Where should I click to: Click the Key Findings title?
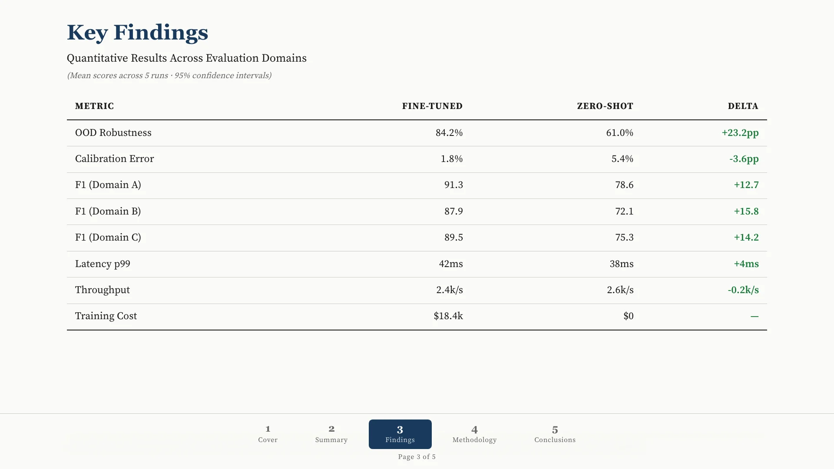click(x=137, y=33)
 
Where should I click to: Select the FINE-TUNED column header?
click(x=432, y=106)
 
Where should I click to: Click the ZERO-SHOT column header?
click(x=605, y=106)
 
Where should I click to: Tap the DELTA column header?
click(x=743, y=106)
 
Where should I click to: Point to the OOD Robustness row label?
click(x=113, y=133)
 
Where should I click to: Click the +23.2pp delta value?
click(x=740, y=133)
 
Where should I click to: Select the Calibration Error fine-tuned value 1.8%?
click(x=452, y=159)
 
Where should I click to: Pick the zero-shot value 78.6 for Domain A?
click(x=624, y=185)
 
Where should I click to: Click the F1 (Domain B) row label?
click(x=108, y=211)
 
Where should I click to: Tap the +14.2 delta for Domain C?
click(x=746, y=238)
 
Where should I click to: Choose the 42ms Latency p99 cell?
click(x=451, y=264)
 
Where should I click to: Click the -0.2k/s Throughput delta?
click(x=743, y=290)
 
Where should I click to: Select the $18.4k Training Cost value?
click(x=448, y=316)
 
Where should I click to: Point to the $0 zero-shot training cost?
click(x=629, y=316)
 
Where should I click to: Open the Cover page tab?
click(x=268, y=434)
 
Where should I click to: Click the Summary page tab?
click(x=331, y=434)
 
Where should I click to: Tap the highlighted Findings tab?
click(x=400, y=434)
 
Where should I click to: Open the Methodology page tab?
click(x=474, y=434)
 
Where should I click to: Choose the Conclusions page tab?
click(x=555, y=434)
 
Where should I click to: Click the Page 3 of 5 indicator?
click(x=417, y=457)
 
